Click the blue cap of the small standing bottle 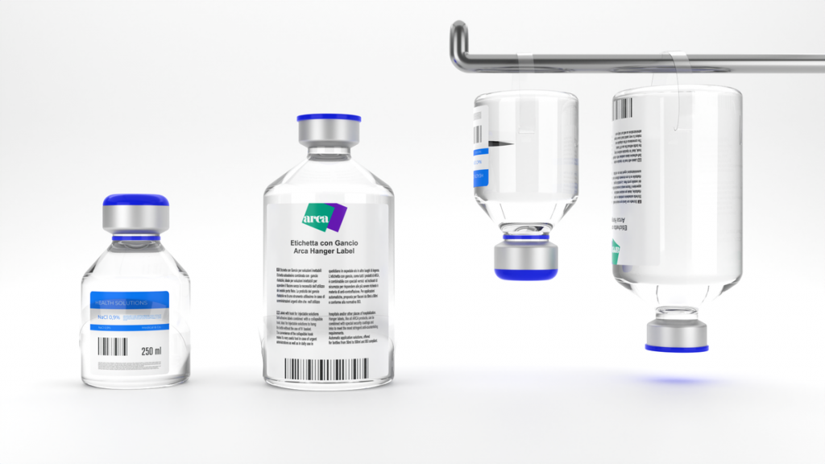[x=135, y=200]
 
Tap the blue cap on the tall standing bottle [x=328, y=118]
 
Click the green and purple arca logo [x=324, y=216]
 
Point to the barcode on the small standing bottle [x=113, y=347]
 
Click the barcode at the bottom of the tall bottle [x=327, y=369]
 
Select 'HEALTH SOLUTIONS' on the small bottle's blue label [x=121, y=303]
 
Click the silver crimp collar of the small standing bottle [x=135, y=219]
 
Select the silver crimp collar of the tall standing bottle [x=328, y=137]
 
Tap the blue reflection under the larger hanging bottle [x=677, y=379]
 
